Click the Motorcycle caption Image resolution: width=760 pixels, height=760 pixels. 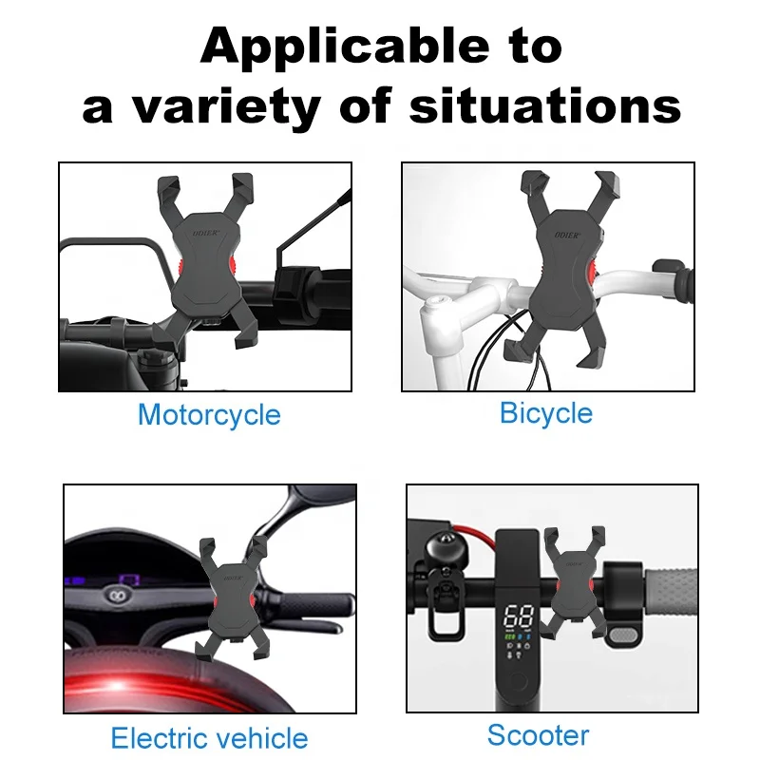point(209,415)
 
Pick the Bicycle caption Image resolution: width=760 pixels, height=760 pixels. point(545,413)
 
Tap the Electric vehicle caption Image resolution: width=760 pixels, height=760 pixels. point(209,738)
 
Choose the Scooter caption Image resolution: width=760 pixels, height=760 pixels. point(538,734)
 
